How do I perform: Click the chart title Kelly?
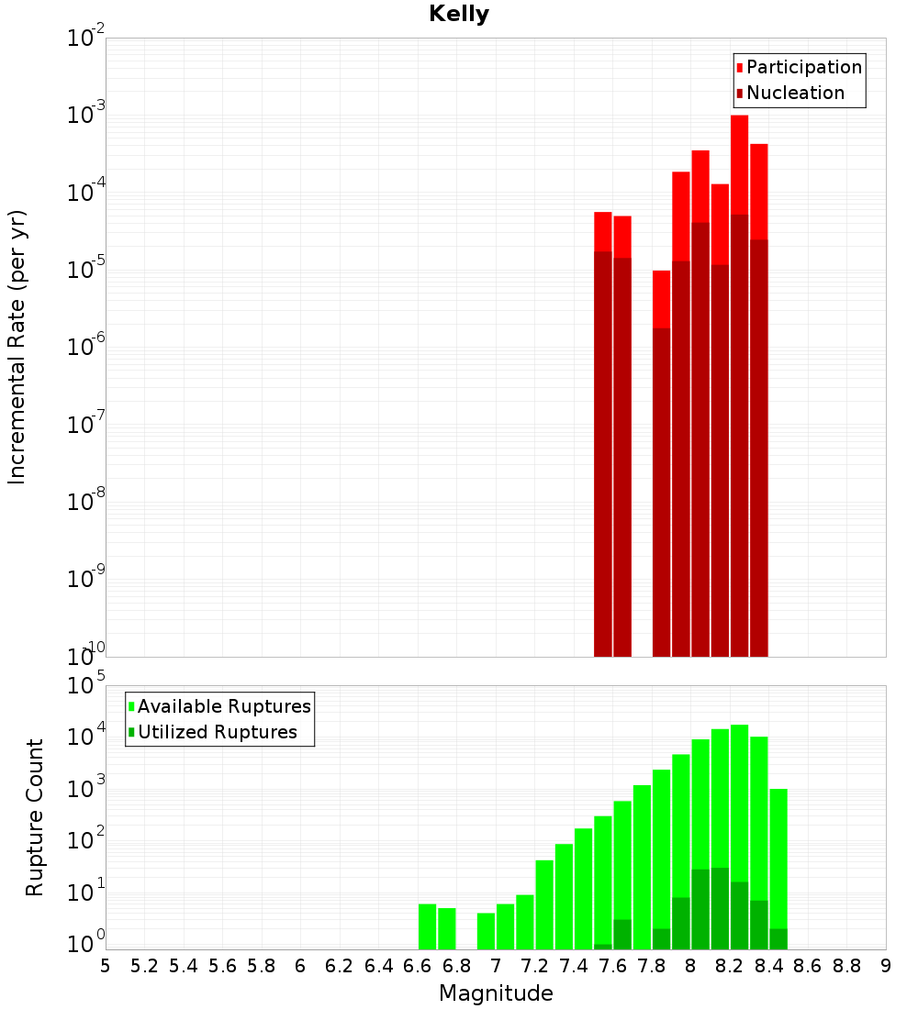[459, 15]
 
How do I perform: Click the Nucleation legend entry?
[795, 93]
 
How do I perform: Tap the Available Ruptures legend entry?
[224, 706]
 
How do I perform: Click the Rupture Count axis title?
[35, 817]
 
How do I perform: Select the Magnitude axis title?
[496, 993]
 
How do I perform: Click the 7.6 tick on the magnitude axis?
[612, 966]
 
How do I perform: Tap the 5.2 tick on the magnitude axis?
[144, 966]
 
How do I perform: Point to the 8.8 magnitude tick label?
[846, 966]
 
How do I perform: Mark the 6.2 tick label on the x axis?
[340, 966]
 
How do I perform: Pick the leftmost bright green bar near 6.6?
[427, 926]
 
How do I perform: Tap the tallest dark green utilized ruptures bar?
[720, 908]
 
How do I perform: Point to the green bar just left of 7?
[486, 930]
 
